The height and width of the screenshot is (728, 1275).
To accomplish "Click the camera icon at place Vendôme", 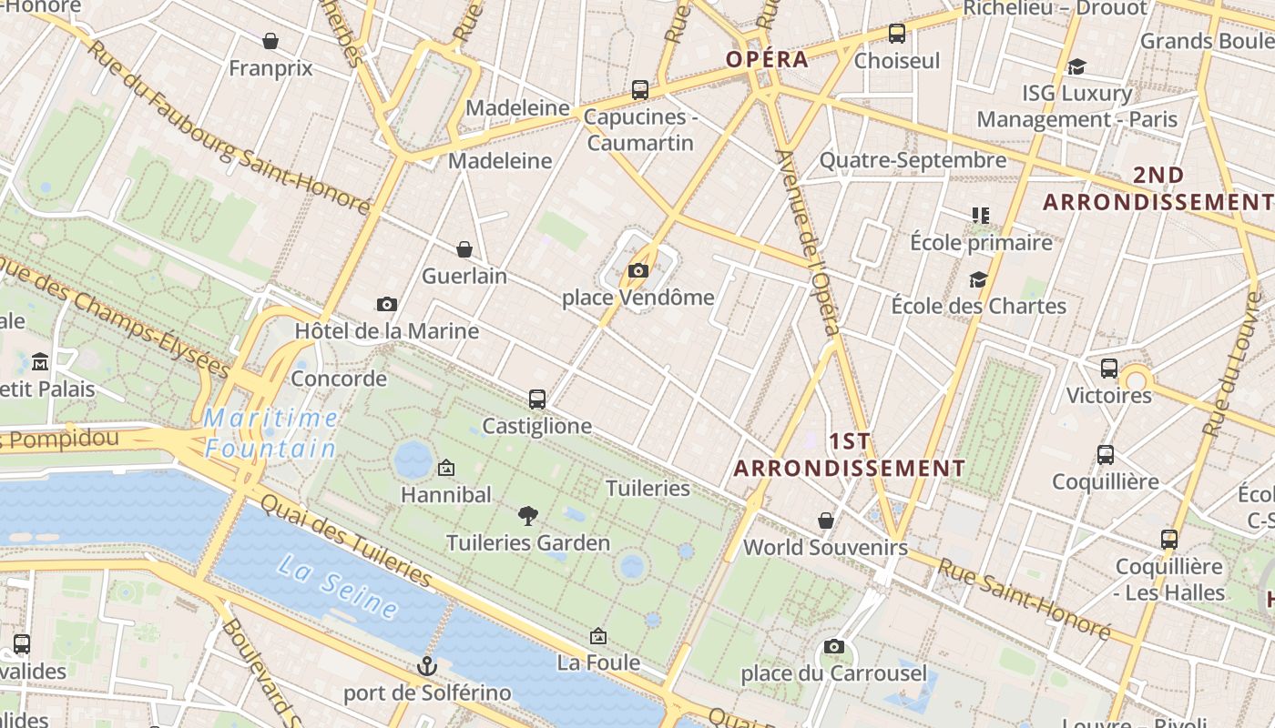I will click(x=638, y=270).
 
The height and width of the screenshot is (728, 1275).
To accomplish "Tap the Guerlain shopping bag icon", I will click(x=464, y=248).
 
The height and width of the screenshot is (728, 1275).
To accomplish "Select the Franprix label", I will click(x=270, y=68).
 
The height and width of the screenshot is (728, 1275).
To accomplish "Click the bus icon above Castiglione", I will click(x=537, y=399).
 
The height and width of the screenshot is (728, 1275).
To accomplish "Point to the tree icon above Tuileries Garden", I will click(x=527, y=516).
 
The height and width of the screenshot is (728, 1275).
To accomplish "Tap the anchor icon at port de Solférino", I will click(x=427, y=666).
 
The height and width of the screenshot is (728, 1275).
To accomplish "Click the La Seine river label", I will click(x=338, y=587).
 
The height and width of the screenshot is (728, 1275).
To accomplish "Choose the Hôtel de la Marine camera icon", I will click(x=387, y=304).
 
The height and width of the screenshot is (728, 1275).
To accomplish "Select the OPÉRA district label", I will click(x=767, y=60).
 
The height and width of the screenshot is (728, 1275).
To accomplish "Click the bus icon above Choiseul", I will click(x=897, y=34).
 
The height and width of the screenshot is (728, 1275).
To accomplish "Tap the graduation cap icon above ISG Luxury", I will click(x=1076, y=66).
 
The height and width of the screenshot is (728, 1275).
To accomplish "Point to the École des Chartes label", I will click(x=978, y=306).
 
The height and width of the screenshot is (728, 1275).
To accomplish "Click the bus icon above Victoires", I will click(x=1109, y=369).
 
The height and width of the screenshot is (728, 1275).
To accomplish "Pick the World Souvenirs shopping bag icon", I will click(x=826, y=521).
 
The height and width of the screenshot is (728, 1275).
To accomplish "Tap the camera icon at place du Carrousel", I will click(x=833, y=647).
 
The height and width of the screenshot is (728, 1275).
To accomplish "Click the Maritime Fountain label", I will click(x=270, y=433).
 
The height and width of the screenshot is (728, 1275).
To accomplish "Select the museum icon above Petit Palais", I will click(x=40, y=362).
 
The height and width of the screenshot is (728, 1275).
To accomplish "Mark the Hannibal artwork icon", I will click(x=446, y=468).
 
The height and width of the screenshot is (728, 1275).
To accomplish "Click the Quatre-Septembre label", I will click(x=913, y=161).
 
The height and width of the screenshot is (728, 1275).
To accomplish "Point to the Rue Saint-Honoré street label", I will click(x=1025, y=600).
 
